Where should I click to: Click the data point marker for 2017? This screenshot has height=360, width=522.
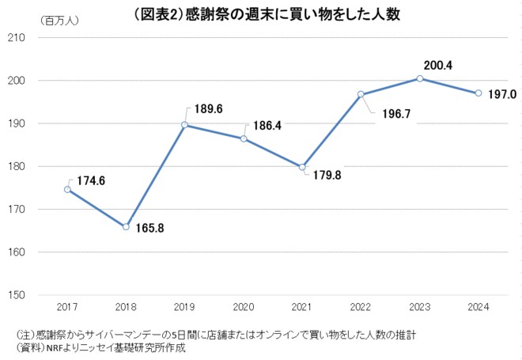pos(67,189)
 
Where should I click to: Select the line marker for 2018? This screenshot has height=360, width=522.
pos(126,227)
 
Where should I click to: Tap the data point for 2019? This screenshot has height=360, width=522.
pos(184,125)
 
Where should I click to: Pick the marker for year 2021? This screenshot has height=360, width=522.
pos(302,167)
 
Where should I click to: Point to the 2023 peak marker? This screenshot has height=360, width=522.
pos(420,78)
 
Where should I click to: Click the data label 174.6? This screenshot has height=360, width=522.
pos(91,181)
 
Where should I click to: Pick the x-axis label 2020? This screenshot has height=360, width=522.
pos(243,306)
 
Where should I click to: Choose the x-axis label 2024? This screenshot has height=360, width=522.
pos(478,306)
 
